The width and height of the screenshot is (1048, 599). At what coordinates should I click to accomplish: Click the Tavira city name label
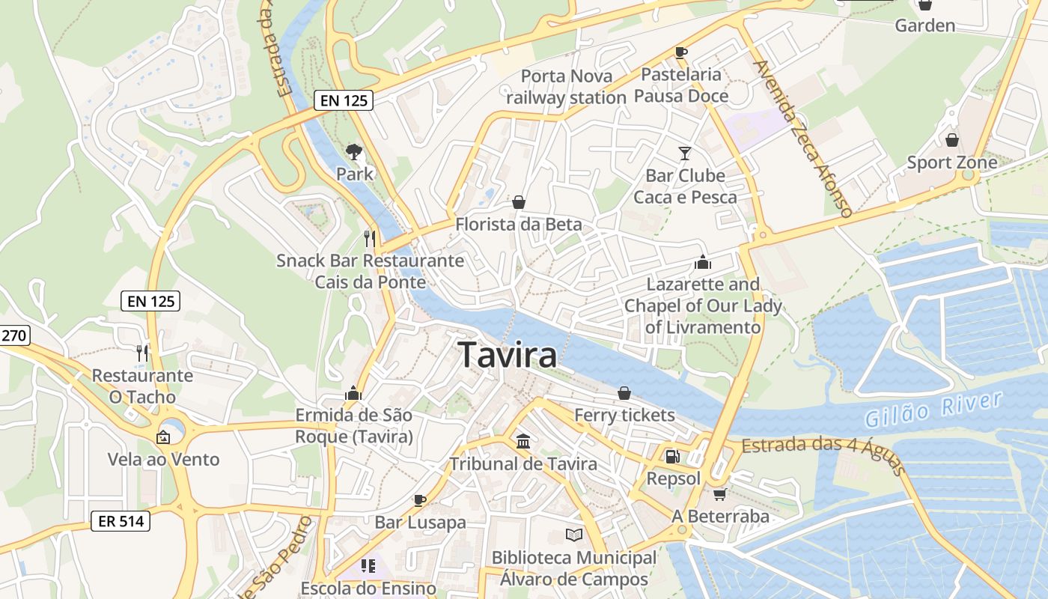point(508,354)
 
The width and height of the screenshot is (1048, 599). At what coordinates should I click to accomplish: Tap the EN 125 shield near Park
point(343,100)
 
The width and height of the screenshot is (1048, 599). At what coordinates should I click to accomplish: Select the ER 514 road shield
point(121,521)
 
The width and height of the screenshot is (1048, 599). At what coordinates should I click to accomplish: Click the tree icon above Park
point(353,152)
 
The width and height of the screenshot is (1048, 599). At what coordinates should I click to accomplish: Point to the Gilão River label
point(933,410)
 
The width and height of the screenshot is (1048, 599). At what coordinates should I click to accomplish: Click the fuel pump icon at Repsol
point(672,455)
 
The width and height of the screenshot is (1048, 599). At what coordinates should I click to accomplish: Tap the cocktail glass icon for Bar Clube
point(684,153)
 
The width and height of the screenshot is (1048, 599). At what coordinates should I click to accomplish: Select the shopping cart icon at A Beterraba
point(719,494)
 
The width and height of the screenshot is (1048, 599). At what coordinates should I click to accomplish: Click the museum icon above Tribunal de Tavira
point(523,441)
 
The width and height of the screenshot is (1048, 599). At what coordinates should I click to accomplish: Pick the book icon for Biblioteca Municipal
point(573,535)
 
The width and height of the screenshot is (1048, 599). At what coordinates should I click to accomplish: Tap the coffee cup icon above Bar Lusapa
point(419,500)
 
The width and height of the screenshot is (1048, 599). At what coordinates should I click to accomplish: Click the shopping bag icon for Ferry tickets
point(624,393)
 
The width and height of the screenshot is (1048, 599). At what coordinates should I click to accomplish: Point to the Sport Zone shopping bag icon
point(951,140)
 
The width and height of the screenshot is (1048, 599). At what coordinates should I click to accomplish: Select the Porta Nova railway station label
point(566,87)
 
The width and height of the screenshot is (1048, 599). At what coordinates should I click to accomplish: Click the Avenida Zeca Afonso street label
point(804,139)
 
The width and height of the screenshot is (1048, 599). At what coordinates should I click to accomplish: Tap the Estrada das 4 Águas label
point(823,453)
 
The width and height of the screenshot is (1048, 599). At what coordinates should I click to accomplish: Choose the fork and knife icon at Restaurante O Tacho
point(142,353)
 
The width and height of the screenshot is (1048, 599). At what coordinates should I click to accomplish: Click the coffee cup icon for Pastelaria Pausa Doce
point(680,52)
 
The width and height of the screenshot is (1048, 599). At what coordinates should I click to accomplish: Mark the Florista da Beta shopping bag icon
point(518,202)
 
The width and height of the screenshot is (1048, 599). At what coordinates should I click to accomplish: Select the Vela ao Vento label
point(163,459)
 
